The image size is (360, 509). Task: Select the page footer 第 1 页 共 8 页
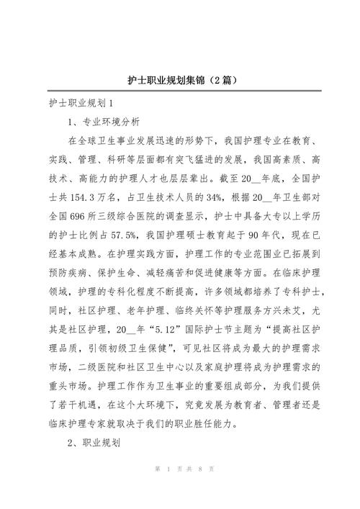click(x=179, y=489)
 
